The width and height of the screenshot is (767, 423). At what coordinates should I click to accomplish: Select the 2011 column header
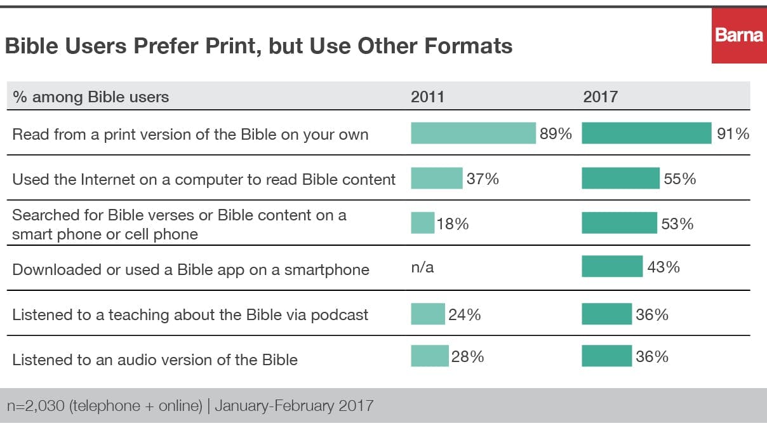(427, 97)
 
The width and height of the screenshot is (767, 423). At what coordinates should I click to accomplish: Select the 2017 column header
(600, 97)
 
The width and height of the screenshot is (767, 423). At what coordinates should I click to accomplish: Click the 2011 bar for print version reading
(473, 133)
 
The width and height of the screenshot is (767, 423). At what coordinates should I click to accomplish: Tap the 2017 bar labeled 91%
(646, 133)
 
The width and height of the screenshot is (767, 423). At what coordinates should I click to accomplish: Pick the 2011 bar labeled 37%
(436, 178)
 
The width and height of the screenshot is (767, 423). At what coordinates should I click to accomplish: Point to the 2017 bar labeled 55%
(620, 178)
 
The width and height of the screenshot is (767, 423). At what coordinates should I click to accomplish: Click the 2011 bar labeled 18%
(422, 224)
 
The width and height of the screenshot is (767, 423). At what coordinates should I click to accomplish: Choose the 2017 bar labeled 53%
(619, 224)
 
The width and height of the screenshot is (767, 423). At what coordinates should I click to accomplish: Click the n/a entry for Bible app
(422, 267)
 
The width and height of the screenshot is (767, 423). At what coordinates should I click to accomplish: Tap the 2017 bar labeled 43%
(612, 267)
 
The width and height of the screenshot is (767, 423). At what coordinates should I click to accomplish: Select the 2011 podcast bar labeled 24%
(427, 314)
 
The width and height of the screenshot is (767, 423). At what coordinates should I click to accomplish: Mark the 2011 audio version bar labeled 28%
(429, 356)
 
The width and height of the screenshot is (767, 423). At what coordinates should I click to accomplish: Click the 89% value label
(556, 134)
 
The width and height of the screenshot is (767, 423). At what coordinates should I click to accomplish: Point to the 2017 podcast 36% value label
(652, 314)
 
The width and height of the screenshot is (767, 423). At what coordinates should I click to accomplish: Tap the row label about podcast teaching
(190, 314)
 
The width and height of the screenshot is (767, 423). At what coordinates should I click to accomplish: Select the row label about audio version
(155, 359)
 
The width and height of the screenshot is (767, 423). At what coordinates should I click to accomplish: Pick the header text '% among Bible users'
(91, 97)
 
